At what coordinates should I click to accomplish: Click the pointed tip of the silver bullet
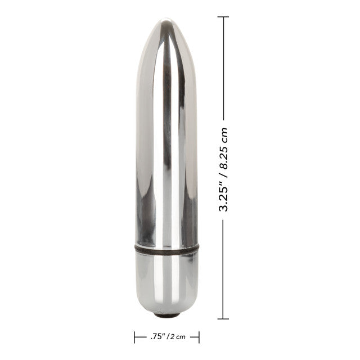point(166,22)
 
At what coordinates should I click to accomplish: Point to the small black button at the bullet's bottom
point(166,310)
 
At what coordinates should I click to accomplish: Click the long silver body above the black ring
point(166,141)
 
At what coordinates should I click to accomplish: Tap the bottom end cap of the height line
point(223,318)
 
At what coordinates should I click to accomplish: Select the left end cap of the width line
point(134,337)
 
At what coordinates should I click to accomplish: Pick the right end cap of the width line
point(199,337)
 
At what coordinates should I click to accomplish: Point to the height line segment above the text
point(223,67)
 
